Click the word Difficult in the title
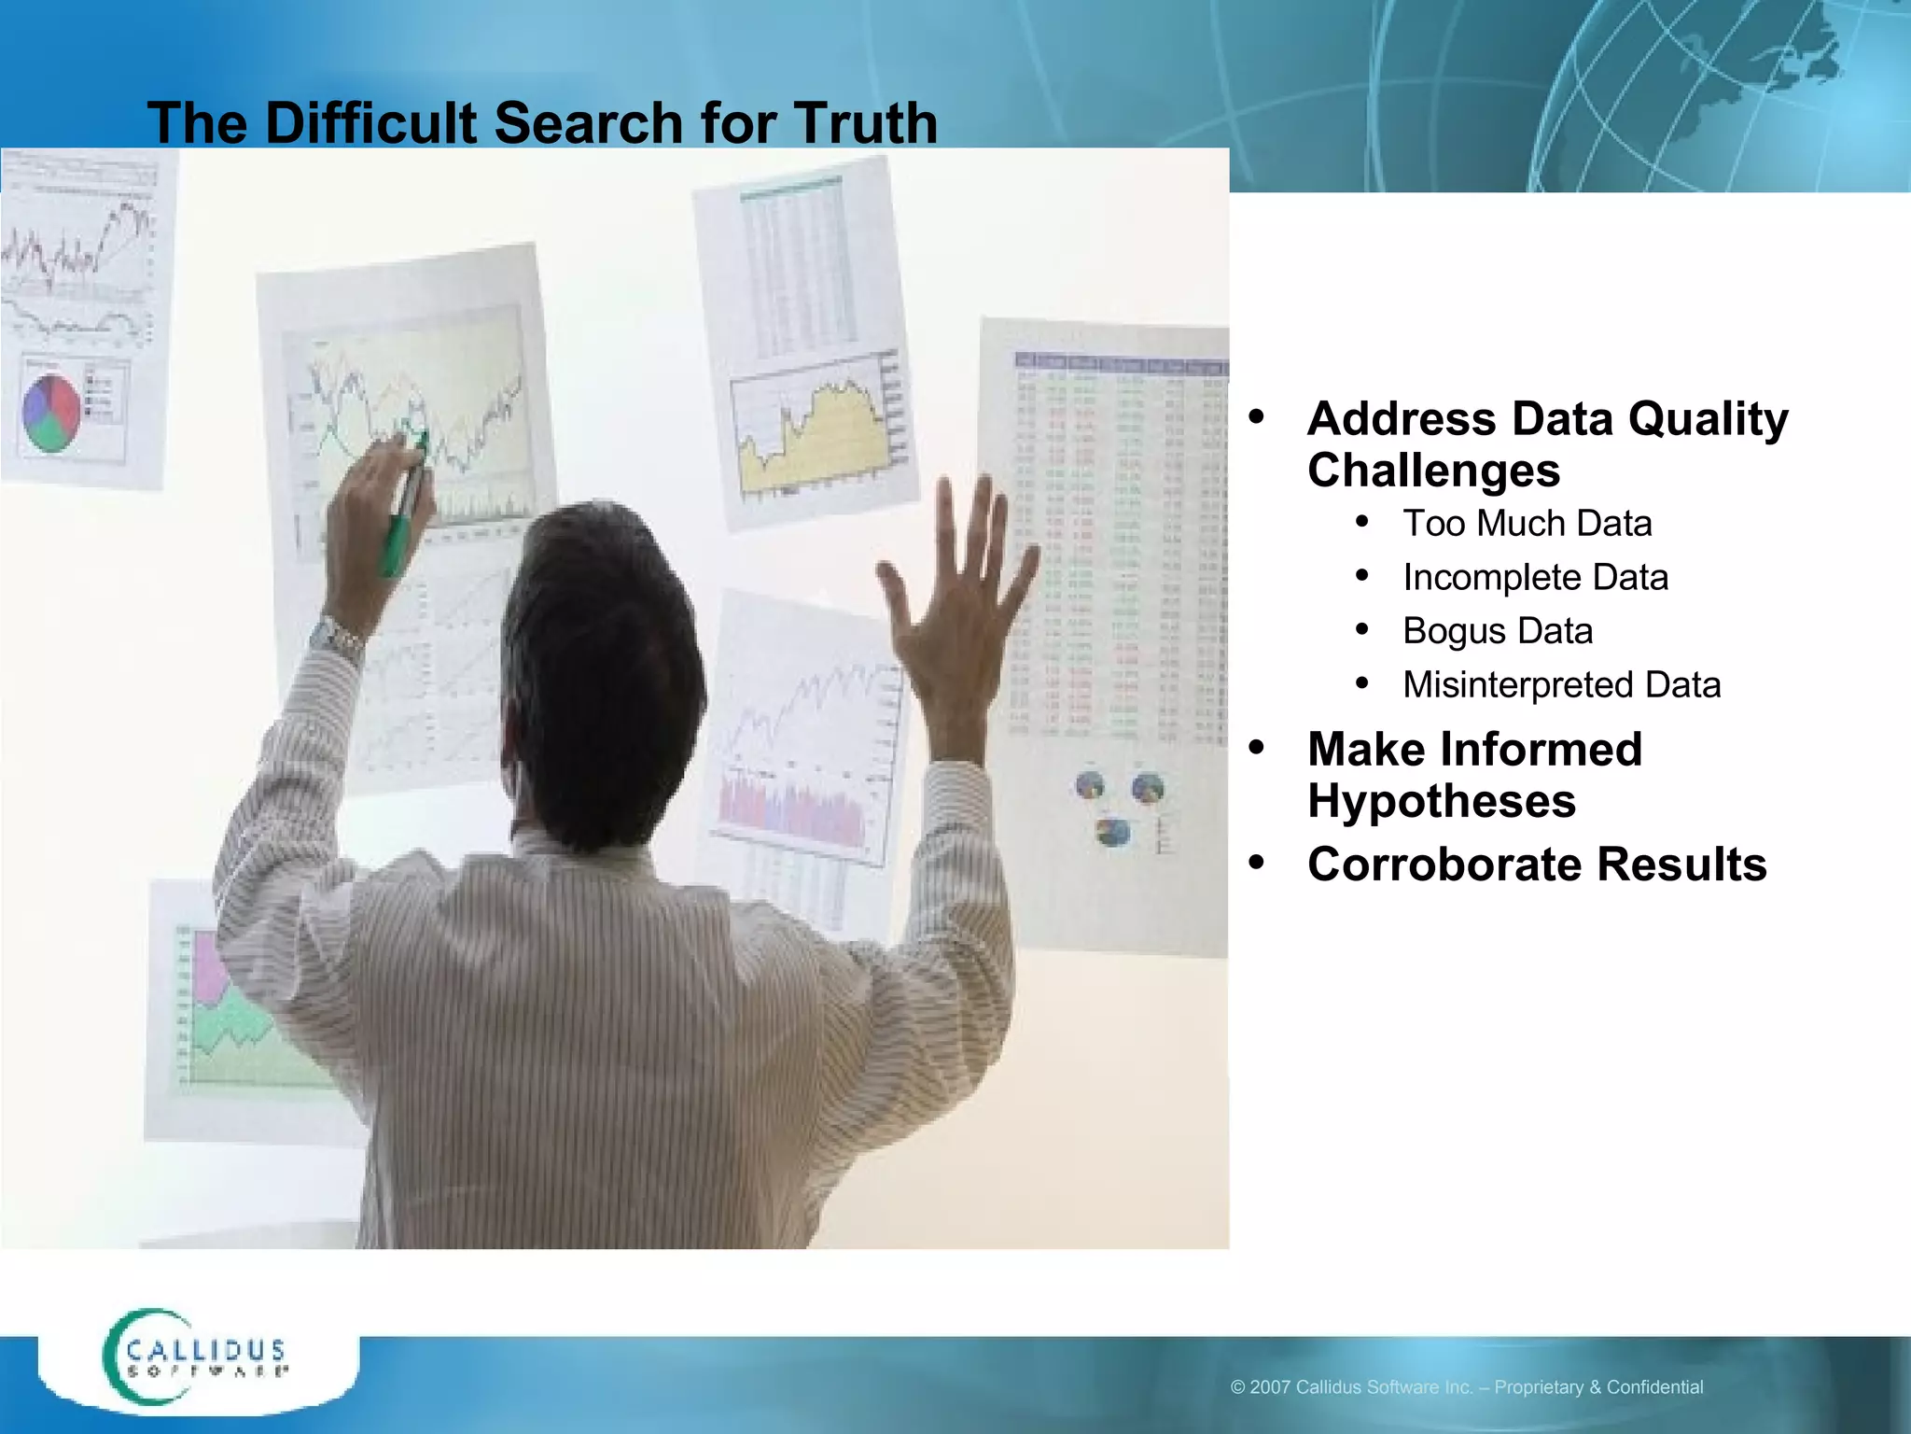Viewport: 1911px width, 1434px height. point(370,122)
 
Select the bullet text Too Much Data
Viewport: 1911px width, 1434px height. point(1527,524)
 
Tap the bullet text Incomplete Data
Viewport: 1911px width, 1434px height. point(1535,578)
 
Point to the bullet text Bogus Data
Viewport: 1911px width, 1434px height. point(1497,631)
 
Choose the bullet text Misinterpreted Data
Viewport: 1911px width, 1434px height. point(1561,685)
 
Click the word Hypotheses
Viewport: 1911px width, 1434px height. point(1441,802)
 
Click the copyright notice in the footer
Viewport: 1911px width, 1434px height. point(1466,1387)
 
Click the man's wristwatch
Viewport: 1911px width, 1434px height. point(336,640)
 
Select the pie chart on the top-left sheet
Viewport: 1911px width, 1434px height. point(51,413)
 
